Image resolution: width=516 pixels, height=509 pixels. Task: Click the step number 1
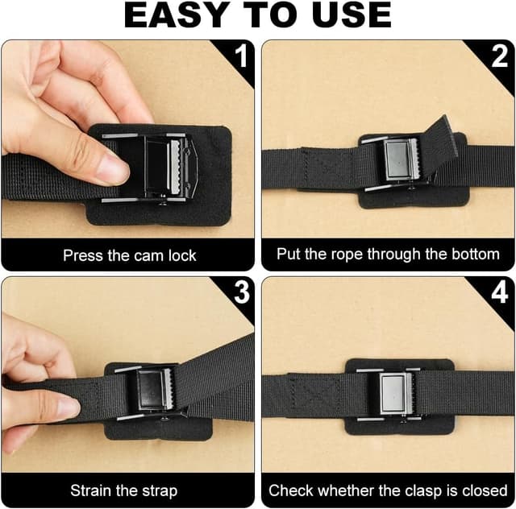tap(242, 56)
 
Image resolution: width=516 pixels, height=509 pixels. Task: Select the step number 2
tap(499, 56)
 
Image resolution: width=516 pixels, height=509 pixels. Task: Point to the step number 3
tap(242, 292)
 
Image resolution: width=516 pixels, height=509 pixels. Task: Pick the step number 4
tap(499, 292)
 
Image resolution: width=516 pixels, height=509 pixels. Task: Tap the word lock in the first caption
tap(182, 255)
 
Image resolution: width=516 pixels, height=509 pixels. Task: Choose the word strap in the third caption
tap(160, 491)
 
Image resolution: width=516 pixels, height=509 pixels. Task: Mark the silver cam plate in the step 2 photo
tap(397, 160)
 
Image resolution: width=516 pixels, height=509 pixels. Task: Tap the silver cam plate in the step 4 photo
tap(393, 393)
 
